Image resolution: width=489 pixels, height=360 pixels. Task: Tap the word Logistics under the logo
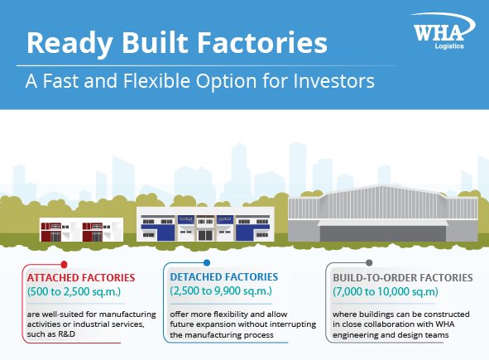449,46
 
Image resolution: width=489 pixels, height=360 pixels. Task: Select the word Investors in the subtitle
333,81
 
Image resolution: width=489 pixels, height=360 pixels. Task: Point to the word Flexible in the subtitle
156,81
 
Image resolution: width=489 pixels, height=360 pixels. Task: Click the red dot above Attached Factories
64,265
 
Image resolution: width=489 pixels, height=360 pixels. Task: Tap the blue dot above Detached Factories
207,262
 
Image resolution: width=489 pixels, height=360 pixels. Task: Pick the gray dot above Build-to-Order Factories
369,262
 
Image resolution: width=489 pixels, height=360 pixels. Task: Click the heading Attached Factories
81,277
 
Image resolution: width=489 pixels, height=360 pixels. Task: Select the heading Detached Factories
224,276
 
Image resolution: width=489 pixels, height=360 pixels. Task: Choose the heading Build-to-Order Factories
403,277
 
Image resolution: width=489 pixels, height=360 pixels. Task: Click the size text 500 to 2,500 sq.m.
74,291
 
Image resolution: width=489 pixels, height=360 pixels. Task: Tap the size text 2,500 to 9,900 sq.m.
221,291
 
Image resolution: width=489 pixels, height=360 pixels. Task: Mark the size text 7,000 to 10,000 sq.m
386,291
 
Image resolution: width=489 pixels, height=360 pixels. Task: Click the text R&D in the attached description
67,334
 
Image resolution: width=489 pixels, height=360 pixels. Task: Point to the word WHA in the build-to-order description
444,324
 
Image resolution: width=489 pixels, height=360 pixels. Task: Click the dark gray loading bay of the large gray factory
383,233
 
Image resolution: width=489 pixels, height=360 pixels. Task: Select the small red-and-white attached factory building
81,229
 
